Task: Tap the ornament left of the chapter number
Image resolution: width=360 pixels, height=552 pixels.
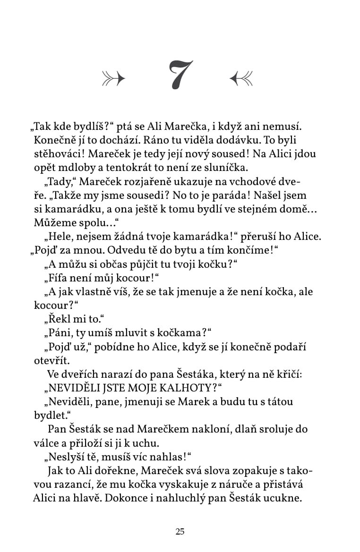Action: pyautogui.click(x=113, y=78)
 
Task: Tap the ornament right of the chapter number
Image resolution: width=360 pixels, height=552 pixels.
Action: pyautogui.click(x=241, y=78)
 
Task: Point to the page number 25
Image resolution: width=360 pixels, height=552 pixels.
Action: pyautogui.click(x=180, y=532)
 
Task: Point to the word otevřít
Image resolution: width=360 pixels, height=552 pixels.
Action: pyautogui.click(x=51, y=360)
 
